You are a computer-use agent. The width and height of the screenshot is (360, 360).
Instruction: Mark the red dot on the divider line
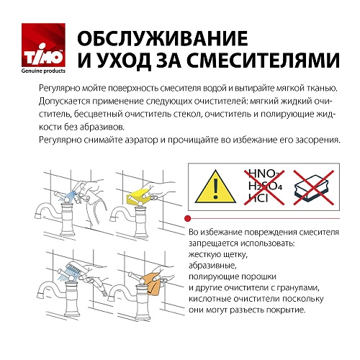pyautogui.click(x=187, y=217)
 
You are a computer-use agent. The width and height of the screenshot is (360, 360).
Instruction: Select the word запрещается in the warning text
pyautogui.click(x=215, y=245)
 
